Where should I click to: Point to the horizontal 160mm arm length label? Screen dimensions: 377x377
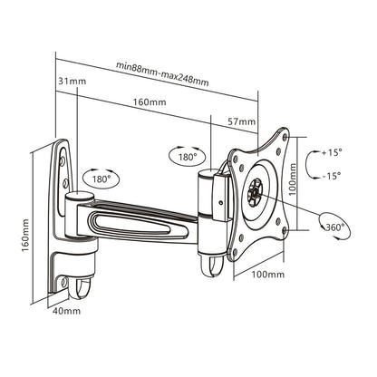pos(152,102)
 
